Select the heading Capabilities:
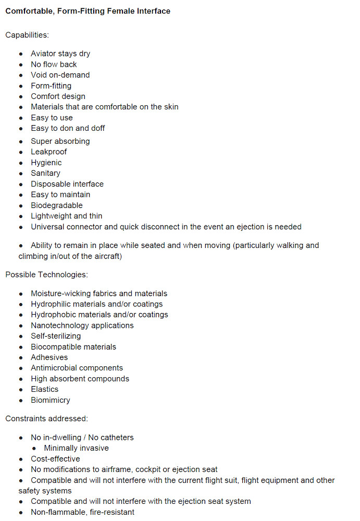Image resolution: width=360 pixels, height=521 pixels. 27,35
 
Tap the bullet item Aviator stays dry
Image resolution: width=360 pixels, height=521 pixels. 60,54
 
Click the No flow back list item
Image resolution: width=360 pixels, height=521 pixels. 54,65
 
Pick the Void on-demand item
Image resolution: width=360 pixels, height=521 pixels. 60,75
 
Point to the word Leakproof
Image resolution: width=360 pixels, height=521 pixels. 49,152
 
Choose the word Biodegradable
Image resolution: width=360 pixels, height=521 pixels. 56,205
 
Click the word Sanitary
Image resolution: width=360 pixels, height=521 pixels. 45,173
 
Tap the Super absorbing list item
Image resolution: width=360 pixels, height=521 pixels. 60,141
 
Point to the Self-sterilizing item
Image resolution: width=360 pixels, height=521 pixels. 56,336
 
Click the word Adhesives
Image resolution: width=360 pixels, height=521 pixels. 49,357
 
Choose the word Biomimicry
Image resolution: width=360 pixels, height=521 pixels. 51,400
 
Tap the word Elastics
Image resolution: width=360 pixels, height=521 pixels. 45,389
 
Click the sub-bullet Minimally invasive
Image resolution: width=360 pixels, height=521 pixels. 76,448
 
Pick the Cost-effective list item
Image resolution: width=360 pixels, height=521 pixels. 55,459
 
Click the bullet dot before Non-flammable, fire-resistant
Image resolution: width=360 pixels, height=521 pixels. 21,512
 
